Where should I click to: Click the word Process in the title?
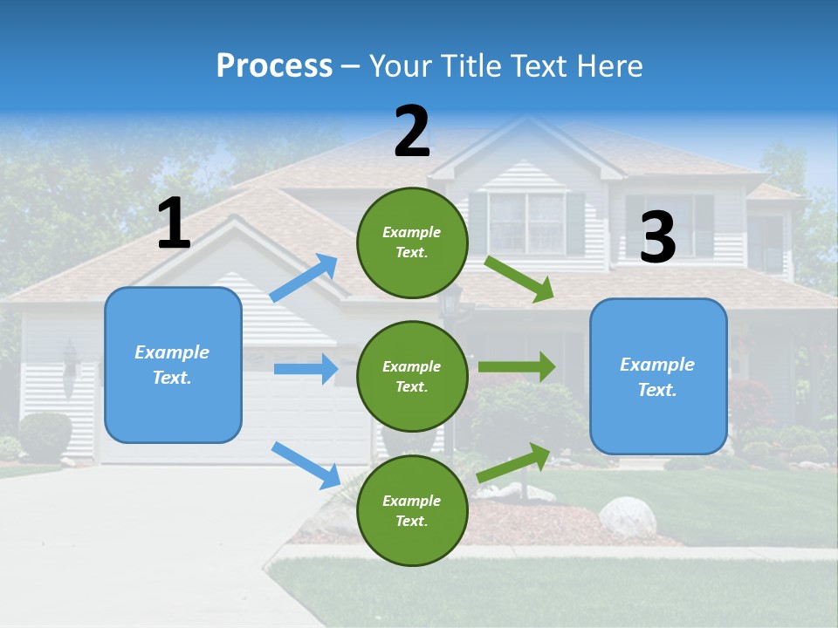coord(274,65)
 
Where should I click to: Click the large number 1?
coord(174,224)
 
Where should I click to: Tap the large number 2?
coord(412,132)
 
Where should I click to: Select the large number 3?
coord(657,237)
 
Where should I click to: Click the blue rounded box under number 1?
coord(173,365)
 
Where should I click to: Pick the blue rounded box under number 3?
coord(658,376)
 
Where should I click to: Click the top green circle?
coord(412,242)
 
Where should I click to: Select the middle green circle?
coord(412,376)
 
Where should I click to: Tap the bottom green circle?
coord(412,510)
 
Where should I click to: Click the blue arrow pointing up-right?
coord(305,278)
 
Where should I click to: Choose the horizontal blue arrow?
coord(306,369)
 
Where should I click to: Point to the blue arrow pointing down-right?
coord(306,465)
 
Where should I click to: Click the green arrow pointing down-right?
coord(519,278)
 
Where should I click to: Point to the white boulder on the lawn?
coord(627,516)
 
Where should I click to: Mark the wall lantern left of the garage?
coord(70,358)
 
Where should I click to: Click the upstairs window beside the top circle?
coord(525,222)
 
